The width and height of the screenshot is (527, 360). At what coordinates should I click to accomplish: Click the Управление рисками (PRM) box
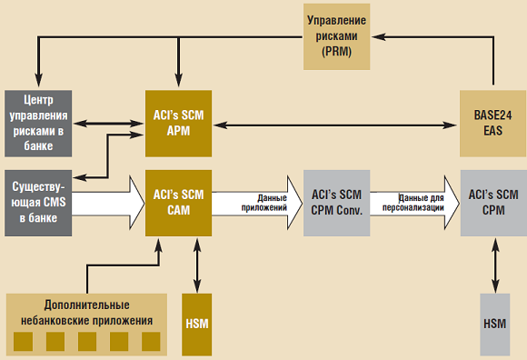(x=337, y=36)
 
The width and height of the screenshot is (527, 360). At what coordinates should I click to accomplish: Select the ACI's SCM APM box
(x=178, y=123)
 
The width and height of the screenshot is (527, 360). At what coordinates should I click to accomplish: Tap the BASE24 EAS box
(x=493, y=123)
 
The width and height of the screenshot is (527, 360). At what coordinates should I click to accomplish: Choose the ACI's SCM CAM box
(x=178, y=202)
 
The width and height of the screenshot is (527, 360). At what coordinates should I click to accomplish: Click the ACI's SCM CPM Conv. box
(x=336, y=202)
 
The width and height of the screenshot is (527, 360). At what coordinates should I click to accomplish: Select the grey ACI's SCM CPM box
(x=493, y=202)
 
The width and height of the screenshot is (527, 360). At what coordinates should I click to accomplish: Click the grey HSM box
(x=494, y=325)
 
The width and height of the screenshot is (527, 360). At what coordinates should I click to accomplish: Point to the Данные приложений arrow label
(x=267, y=202)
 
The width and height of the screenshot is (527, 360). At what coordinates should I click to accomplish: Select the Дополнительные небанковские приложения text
(x=86, y=313)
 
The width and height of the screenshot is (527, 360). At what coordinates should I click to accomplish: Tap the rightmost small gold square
(x=150, y=342)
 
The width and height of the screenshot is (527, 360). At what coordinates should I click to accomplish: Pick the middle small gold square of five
(x=87, y=342)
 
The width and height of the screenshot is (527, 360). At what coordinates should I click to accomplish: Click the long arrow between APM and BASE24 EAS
(x=336, y=123)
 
